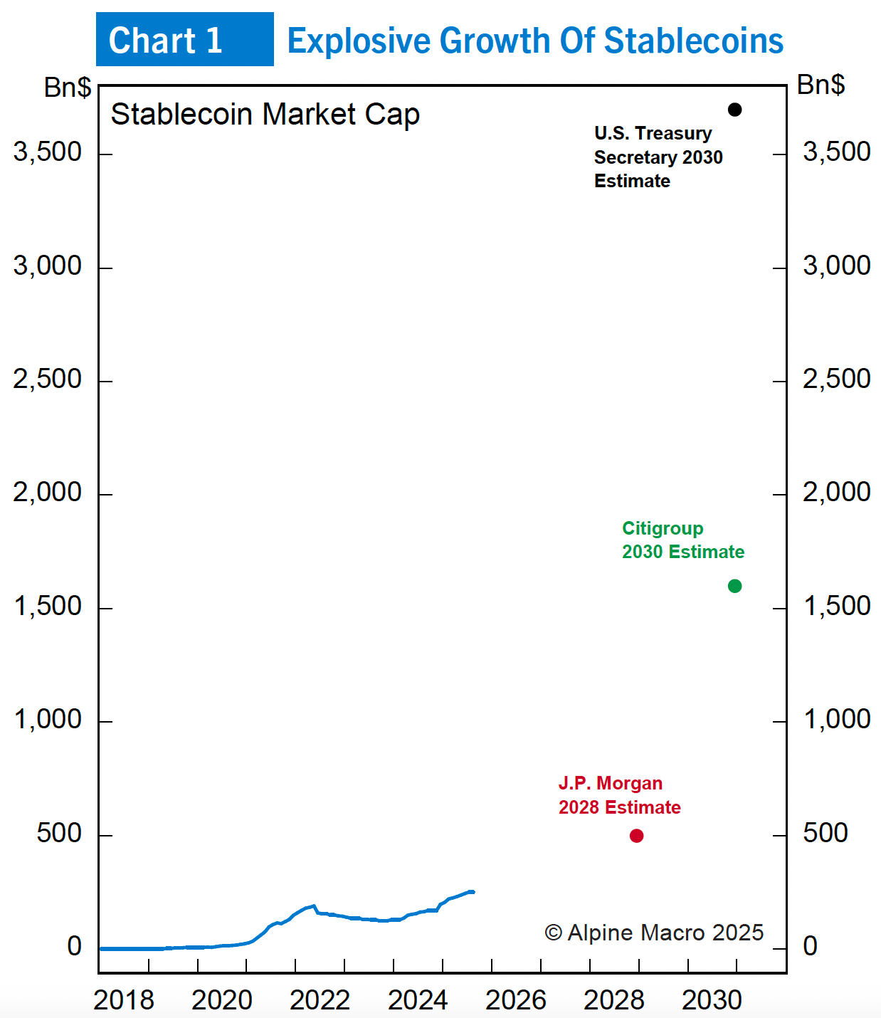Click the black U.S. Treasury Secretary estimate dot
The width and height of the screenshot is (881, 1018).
(735, 110)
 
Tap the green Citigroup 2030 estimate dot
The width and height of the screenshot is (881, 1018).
(735, 586)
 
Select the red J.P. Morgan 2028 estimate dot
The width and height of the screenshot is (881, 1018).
(637, 836)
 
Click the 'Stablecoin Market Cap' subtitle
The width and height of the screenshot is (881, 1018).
(265, 115)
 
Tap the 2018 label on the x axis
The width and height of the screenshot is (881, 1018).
(124, 1000)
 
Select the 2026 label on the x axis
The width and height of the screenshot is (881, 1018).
(516, 1000)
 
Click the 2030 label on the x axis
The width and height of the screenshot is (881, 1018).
(712, 1000)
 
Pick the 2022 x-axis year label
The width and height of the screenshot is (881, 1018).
(320, 1000)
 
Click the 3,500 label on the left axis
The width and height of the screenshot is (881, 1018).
(48, 152)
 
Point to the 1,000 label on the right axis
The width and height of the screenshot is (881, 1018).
(837, 719)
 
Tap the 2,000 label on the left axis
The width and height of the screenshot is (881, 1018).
(48, 492)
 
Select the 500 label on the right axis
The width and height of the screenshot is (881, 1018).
(825, 833)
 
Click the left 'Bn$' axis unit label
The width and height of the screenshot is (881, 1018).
(68, 88)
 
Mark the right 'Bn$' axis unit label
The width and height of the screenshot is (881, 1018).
(821, 85)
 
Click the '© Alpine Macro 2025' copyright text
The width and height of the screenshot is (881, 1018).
(654, 933)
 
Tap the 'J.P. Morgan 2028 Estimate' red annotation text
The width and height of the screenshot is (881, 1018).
(619, 795)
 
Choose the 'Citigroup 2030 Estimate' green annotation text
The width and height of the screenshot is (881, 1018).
(682, 540)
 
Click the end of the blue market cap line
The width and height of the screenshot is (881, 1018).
(472, 892)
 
